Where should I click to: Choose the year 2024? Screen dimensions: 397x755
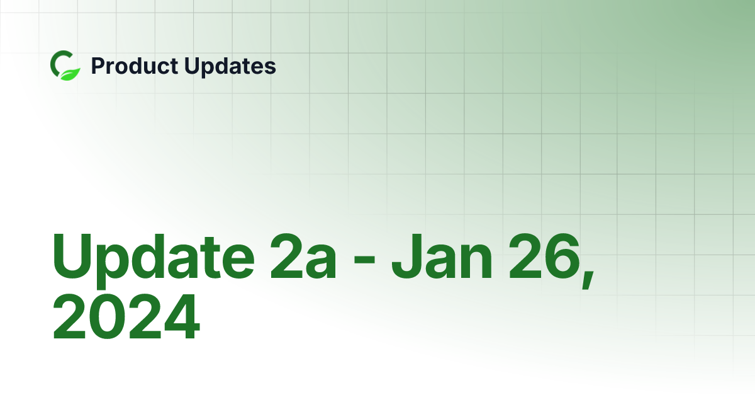coord(126,319)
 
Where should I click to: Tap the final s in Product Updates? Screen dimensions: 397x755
coord(271,68)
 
